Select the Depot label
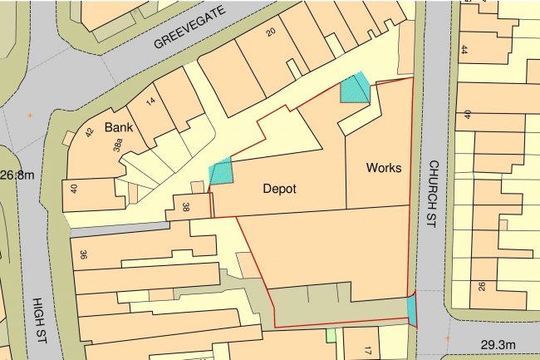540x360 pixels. [279, 188]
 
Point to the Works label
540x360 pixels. [384, 168]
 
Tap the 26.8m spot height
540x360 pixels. [17, 175]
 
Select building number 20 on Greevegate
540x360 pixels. [270, 32]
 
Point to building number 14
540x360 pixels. [150, 101]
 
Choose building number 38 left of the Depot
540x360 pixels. [184, 207]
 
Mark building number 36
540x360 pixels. [82, 255]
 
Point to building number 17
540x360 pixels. [366, 353]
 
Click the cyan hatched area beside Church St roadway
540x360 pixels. [412, 309]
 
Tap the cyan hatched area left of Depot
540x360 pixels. [221, 172]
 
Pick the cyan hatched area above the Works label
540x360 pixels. [356, 87]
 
